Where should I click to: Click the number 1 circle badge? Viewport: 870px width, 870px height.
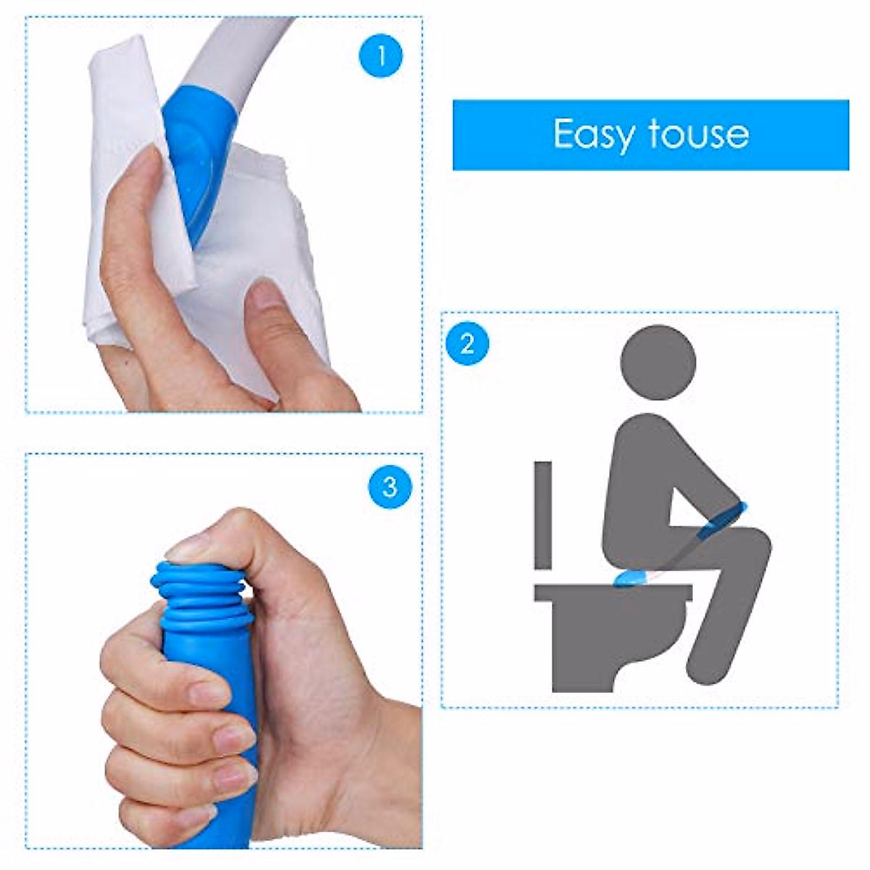pos(380,56)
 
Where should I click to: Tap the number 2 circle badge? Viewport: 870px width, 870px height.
pos(467,344)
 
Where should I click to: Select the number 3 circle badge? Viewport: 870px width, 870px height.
pos(390,486)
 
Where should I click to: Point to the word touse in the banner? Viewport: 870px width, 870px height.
pos(698,134)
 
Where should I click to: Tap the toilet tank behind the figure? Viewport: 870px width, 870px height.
pos(543,514)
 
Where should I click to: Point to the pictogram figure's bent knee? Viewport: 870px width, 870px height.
pos(754,540)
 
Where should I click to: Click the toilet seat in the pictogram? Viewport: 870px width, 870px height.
pos(613,593)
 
